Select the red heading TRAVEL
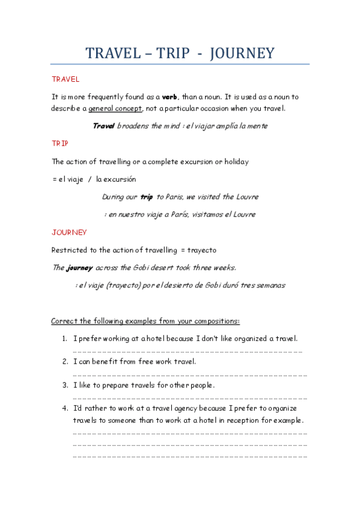pyautogui.click(x=66, y=79)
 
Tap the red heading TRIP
pyautogui.click(x=60, y=144)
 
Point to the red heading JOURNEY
pyautogui.click(x=69, y=232)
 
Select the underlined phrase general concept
pyautogui.click(x=115, y=108)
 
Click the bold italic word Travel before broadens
pyautogui.click(x=103, y=126)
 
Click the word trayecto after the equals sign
pyautogui.click(x=203, y=250)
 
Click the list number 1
pyautogui.click(x=64, y=339)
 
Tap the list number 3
pyautogui.click(x=64, y=385)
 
